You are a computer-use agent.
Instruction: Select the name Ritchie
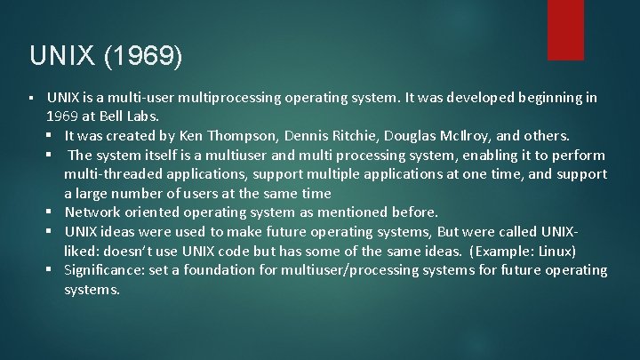coord(365,136)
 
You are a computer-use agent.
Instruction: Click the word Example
coord(504,251)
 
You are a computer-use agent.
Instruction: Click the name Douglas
coord(425,136)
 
